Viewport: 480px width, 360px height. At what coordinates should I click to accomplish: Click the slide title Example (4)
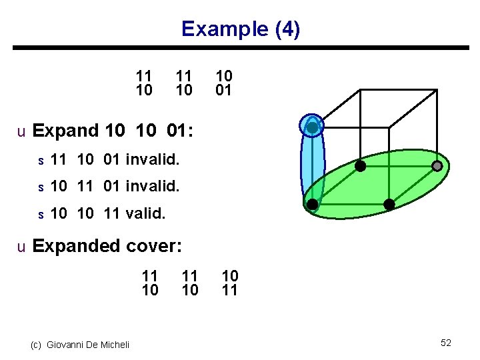pos(241,29)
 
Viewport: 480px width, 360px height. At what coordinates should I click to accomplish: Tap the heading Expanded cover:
pos(107,246)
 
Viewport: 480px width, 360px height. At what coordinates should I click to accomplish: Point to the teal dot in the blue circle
pos(312,127)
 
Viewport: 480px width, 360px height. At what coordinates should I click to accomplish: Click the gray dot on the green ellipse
pos(437,165)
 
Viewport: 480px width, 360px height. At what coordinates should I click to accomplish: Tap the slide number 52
pos(446,343)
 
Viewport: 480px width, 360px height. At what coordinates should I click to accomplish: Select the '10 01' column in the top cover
pos(223,83)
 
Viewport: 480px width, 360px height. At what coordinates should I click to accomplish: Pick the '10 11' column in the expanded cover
pos(230,283)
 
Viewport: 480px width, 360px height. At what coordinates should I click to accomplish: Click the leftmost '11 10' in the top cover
pos(144,83)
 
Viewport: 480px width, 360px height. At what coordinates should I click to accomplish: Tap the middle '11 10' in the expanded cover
pos(190,283)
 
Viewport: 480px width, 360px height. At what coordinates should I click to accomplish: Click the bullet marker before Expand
pos(21,132)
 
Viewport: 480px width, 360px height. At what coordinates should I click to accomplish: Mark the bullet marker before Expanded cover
pos(21,247)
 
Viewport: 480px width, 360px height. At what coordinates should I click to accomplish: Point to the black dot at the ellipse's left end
pos(311,204)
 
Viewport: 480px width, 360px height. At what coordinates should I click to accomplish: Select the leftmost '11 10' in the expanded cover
pos(150,283)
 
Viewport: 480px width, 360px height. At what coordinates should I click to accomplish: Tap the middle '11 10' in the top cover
pos(183,83)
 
